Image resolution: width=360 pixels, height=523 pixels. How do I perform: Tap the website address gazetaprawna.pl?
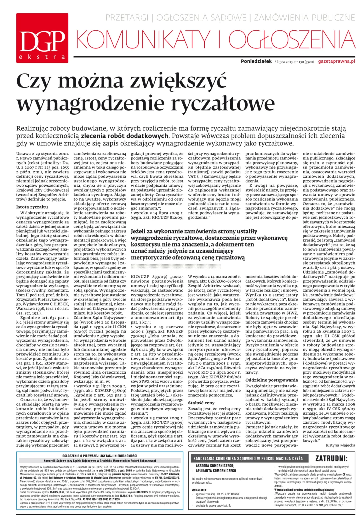pos(336,61)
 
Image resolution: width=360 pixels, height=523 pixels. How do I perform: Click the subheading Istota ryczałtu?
pos(32,207)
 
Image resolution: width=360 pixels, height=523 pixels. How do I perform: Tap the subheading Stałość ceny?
pos(201,403)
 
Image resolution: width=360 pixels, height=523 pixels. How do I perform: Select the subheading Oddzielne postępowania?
pos(271,380)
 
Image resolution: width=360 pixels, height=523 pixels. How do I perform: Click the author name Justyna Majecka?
pos(340,445)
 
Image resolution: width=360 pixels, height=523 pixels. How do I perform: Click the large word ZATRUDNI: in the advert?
pos(331,458)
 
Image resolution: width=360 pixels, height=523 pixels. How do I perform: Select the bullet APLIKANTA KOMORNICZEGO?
pos(216,471)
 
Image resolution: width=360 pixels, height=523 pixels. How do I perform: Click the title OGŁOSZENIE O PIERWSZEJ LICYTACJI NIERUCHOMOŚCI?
pos(100,456)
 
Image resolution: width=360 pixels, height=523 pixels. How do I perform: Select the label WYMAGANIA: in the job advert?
pos(199,490)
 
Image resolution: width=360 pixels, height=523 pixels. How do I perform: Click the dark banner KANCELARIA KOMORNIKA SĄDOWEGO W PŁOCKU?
pos(248,458)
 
